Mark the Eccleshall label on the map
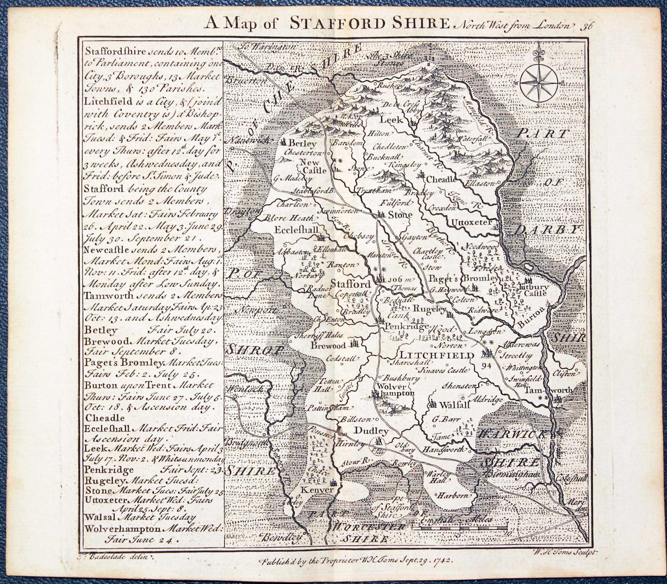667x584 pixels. click(x=296, y=230)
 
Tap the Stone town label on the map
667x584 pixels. click(x=395, y=215)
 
